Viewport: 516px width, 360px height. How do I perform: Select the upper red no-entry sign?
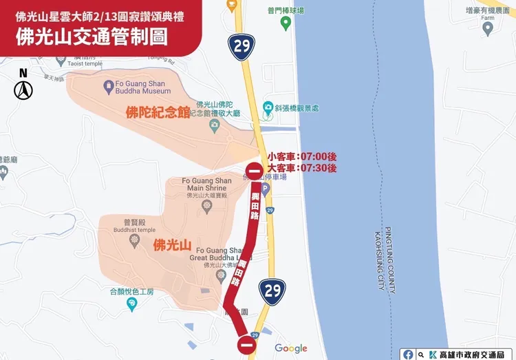click(x=254, y=173)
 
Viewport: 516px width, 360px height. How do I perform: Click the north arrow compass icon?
click(x=23, y=89)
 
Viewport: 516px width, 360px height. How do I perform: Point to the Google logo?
click(x=290, y=348)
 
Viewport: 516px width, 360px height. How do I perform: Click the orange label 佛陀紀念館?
click(x=158, y=112)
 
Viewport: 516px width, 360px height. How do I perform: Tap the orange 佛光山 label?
click(x=172, y=244)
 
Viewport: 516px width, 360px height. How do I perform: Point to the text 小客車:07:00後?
click(x=301, y=156)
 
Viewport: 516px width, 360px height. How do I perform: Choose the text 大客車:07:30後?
click(x=301, y=167)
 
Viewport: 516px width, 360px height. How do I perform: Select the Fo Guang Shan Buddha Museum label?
click(x=136, y=87)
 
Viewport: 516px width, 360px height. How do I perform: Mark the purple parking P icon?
click(x=266, y=188)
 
